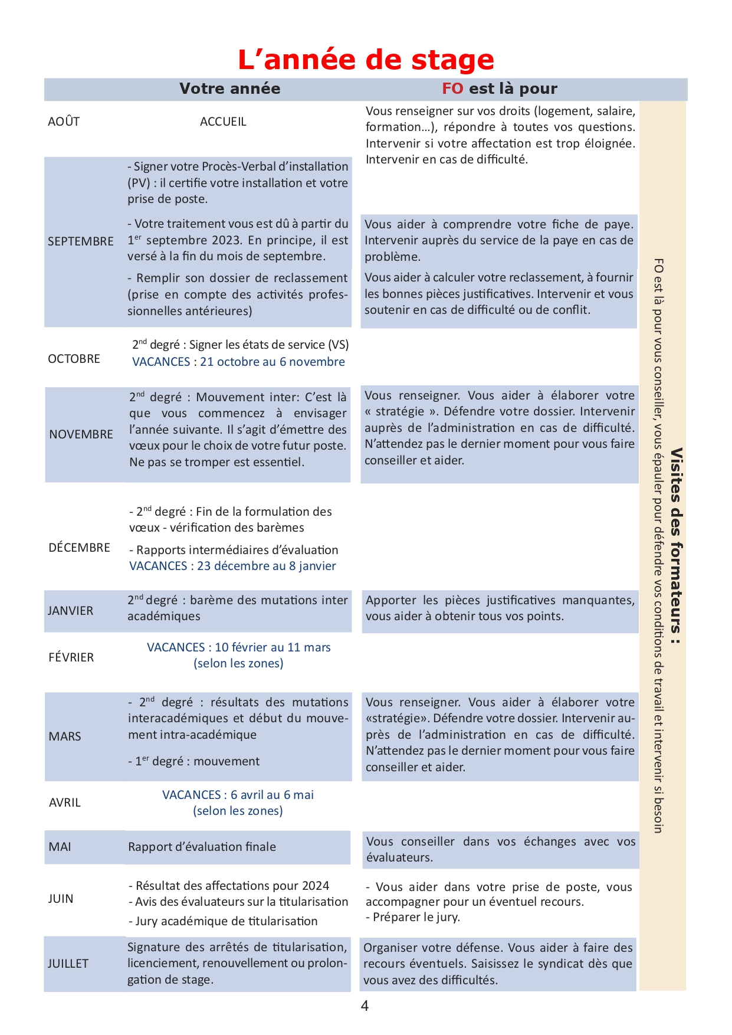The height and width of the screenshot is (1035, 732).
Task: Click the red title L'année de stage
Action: pos(366,60)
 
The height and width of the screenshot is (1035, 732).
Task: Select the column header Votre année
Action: pos(229,89)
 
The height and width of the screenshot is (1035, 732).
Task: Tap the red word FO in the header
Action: pos(452,89)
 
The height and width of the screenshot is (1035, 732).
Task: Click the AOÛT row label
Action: pos(64,122)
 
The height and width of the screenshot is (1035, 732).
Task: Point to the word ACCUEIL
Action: pos(223,122)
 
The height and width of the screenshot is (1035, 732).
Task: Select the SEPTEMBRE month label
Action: pos(81,241)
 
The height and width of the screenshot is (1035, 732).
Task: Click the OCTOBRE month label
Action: pos(74,359)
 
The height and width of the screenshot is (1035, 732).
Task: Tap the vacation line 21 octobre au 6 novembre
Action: pos(238,362)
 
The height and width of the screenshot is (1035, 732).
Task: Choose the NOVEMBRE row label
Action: pos(81,434)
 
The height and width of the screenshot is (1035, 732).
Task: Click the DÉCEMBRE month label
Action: pos(80,548)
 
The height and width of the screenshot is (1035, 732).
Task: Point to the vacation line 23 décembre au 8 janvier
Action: pos(232,566)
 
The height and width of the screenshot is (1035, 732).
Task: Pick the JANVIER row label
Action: pos(71,611)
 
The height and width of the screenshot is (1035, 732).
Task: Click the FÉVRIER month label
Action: pos(71,657)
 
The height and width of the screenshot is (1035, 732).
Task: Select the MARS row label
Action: pos(65,736)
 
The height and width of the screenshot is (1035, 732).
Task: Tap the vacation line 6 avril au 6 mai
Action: pos(238,795)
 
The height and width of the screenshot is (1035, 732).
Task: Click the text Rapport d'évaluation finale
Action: pos(202,847)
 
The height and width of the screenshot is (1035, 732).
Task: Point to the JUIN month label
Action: pos(61,899)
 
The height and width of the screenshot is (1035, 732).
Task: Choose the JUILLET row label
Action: pos(68,964)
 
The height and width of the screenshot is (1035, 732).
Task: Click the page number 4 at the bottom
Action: pos(365,1006)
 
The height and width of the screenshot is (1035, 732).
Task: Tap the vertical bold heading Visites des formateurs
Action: pos(677,546)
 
